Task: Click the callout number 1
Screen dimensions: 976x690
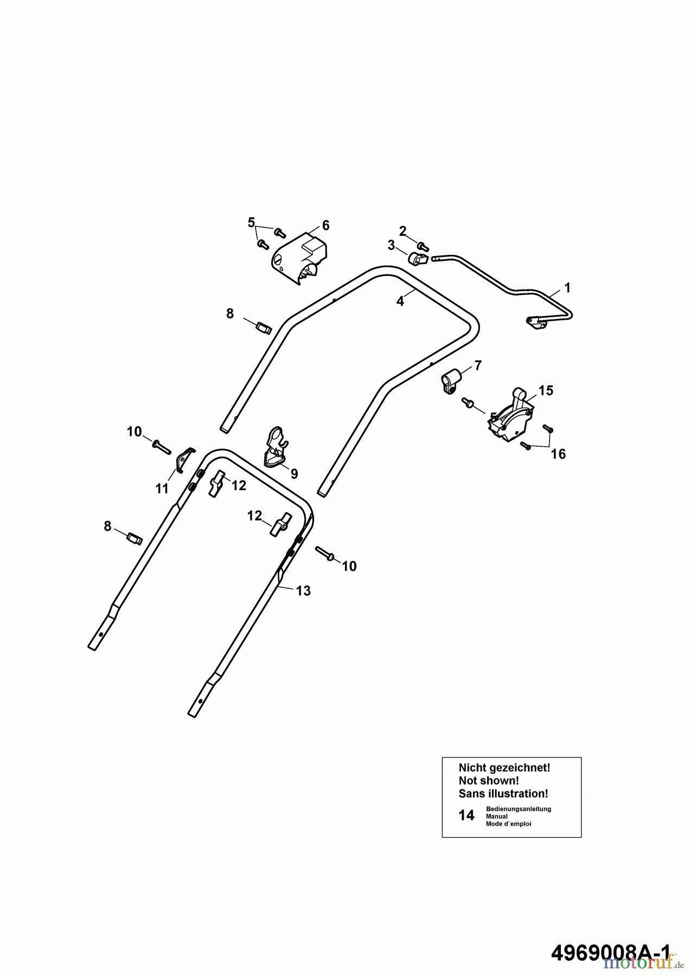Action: pos(567,287)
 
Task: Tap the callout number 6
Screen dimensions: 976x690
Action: pos(325,226)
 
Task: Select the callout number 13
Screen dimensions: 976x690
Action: pos(303,590)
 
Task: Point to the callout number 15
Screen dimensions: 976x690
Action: pos(546,390)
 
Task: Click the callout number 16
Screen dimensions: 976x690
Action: pos(558,454)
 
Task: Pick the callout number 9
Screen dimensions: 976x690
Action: pos(294,474)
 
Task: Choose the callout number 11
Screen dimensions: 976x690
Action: pos(162,489)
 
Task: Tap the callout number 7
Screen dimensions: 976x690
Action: pos(477,365)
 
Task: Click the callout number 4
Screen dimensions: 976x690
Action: pos(400,301)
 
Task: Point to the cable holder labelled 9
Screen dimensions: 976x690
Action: pos(276,447)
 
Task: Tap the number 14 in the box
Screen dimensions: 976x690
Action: pos(467,816)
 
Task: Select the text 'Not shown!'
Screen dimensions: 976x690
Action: pos(489,781)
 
